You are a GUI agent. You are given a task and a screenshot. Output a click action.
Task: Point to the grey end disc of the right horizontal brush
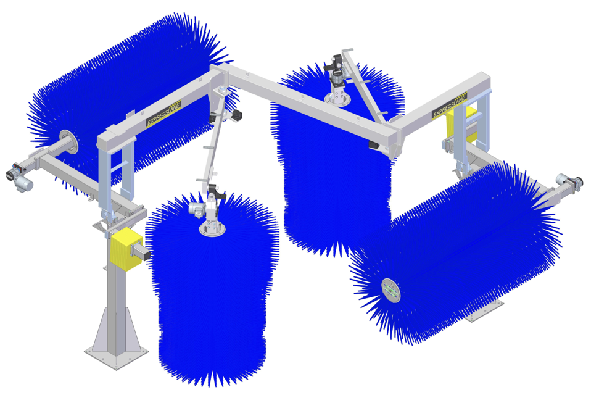click(x=391, y=290)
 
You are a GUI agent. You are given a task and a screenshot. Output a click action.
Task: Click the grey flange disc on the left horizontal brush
click(x=68, y=142)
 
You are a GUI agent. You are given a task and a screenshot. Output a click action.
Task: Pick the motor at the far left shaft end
click(x=19, y=178)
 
